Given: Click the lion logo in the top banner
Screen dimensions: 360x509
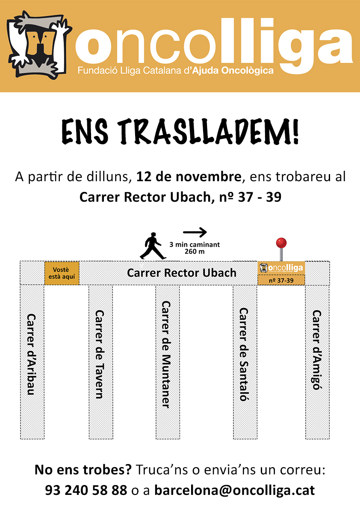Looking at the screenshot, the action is coord(39,45).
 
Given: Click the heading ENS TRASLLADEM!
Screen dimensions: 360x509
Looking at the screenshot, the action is coord(180,131).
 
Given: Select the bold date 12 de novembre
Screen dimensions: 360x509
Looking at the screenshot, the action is coord(189,177).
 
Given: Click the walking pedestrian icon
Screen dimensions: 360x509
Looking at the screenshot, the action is coord(153,246).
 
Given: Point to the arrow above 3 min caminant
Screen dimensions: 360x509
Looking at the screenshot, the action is coord(195,232).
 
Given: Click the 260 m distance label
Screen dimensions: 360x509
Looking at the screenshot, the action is coord(195,252).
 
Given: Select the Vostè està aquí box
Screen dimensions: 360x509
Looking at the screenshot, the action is coord(62,273).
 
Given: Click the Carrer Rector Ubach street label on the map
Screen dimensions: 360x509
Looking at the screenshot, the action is coord(181,273).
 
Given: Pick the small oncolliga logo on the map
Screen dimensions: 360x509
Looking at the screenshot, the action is coord(281,268).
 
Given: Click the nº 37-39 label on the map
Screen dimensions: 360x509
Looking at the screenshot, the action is coord(281,280).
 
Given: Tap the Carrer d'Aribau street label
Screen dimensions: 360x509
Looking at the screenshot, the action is coord(31,354).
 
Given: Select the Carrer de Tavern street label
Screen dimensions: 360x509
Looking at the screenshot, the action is coord(100,354).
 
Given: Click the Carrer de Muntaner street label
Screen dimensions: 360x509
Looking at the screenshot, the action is coord(166,354).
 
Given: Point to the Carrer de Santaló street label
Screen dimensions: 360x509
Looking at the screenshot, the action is coord(244,354).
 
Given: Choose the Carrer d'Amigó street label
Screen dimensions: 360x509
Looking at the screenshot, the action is coord(317,350).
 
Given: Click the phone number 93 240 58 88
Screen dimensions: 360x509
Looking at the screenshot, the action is coord(86,490).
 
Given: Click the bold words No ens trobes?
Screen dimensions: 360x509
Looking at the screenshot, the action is coord(83,470).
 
